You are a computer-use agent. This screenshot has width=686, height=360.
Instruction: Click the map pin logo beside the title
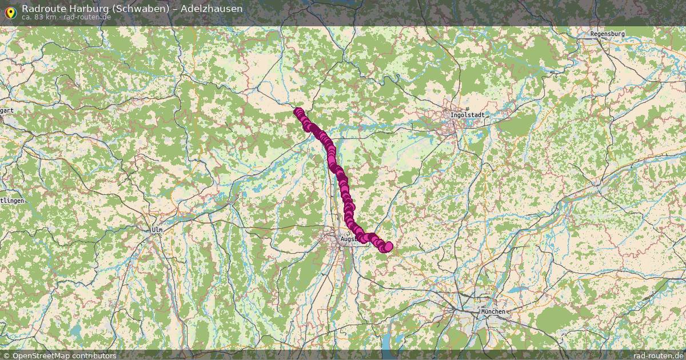(x=10, y=11)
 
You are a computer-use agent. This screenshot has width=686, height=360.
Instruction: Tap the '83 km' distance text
(x=45, y=17)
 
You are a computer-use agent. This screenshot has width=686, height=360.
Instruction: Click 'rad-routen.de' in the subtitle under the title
(x=87, y=17)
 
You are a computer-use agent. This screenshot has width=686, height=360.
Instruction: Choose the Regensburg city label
(x=607, y=34)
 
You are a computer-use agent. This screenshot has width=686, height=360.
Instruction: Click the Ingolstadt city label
(x=467, y=115)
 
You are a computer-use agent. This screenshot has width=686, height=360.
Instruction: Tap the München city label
(x=493, y=311)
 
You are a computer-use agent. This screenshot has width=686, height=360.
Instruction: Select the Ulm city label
(x=157, y=230)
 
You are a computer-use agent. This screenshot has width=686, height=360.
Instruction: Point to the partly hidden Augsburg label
(x=348, y=239)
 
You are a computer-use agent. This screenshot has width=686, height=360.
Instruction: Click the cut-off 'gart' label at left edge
(x=7, y=110)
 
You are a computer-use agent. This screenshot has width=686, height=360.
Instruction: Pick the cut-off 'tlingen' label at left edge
(x=12, y=201)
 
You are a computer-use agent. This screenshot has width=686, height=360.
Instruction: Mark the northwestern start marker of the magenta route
(x=298, y=112)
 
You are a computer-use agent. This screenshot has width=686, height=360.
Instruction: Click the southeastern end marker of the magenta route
(x=388, y=246)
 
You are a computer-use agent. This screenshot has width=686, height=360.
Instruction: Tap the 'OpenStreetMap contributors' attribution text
(x=64, y=355)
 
